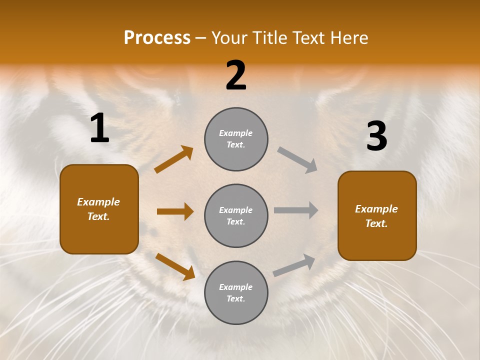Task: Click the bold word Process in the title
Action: tap(157, 38)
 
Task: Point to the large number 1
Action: tap(99, 128)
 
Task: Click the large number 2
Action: tap(236, 76)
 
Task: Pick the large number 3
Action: tap(377, 136)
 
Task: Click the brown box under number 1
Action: tap(99, 209)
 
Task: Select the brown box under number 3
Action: tap(377, 216)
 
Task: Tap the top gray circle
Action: tap(236, 139)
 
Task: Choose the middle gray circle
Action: tap(236, 216)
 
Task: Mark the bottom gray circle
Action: tap(236, 293)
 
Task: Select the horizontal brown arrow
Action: tap(175, 211)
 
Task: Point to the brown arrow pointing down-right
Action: tap(175, 266)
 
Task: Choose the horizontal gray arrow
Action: tap(296, 210)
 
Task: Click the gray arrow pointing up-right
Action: tap(294, 265)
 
